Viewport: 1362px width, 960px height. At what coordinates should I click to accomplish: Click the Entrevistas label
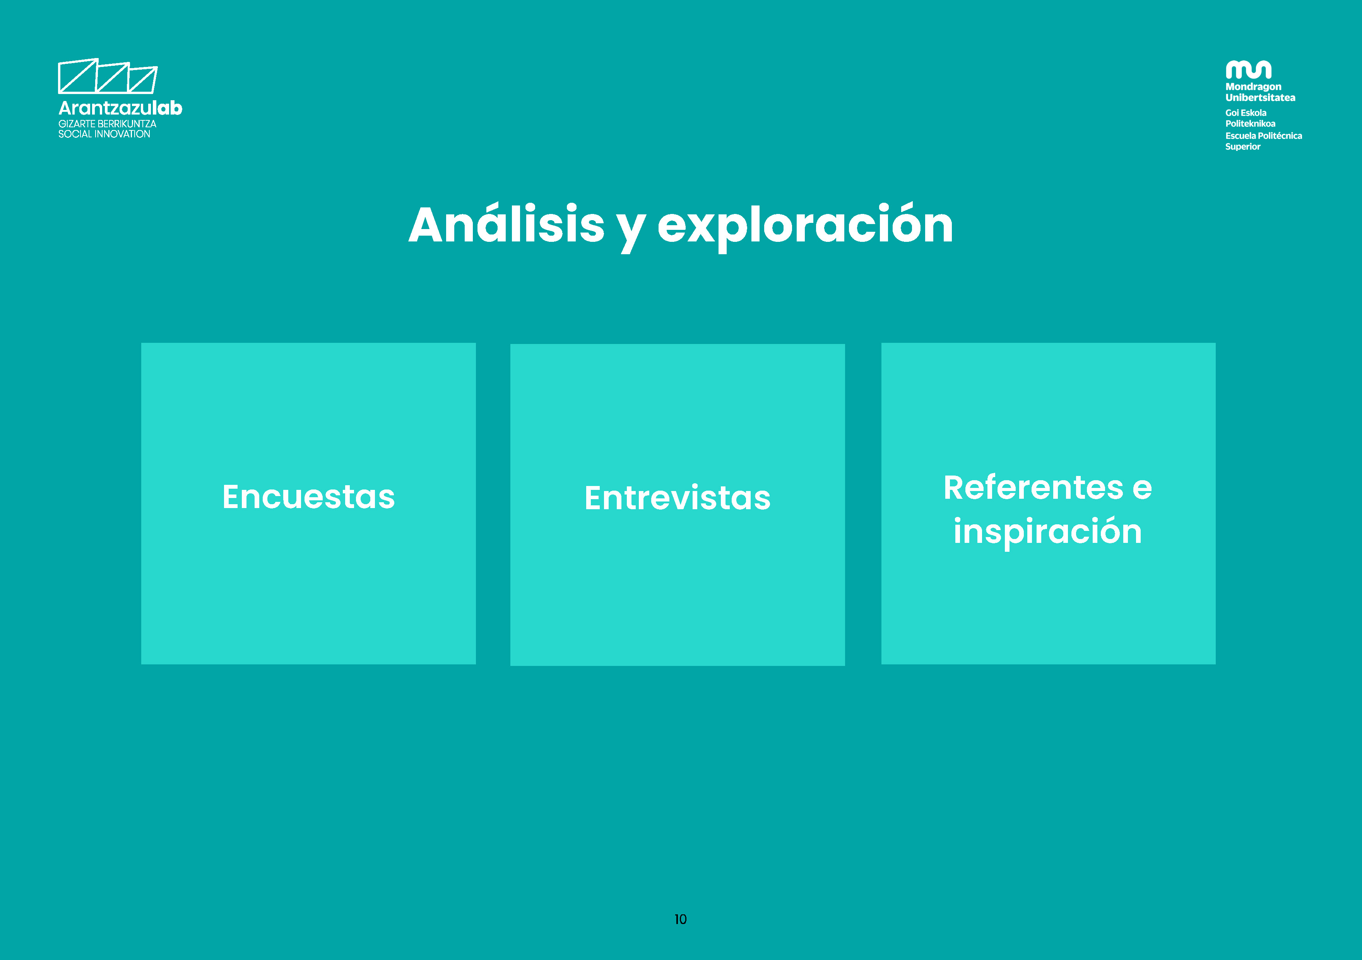coord(678,498)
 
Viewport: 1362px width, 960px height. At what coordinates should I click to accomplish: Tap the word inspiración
coord(1047,532)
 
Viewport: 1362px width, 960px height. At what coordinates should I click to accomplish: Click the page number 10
coord(680,919)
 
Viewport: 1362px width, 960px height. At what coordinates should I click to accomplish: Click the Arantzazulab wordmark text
coord(120,108)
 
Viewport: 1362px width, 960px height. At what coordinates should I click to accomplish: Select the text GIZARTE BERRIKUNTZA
coord(107,124)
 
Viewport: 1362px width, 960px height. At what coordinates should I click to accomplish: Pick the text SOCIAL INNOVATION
coord(104,134)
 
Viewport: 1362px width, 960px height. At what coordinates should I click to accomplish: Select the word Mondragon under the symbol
coord(1253,87)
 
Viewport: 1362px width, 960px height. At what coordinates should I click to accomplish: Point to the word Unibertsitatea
coord(1261,97)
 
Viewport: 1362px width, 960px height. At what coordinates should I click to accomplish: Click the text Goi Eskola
coord(1246,113)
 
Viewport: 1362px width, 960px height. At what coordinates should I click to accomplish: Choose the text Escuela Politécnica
coord(1264,136)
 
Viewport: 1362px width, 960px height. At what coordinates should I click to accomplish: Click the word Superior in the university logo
coord(1243,147)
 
